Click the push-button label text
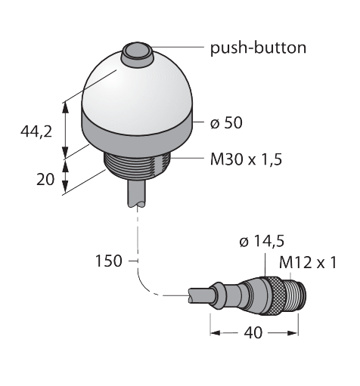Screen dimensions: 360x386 pos(258,48)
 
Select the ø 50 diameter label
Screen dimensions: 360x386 pos(226,122)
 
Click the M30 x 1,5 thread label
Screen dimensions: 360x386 pos(246,159)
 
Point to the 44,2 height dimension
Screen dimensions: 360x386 pos(36,131)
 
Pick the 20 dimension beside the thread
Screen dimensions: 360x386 pos(45,180)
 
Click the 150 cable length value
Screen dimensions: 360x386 pos(109,261)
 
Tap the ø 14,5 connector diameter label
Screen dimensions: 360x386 pos(262,241)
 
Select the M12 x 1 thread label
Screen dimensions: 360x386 pos(308,263)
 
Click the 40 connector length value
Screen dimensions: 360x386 pos(253,333)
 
